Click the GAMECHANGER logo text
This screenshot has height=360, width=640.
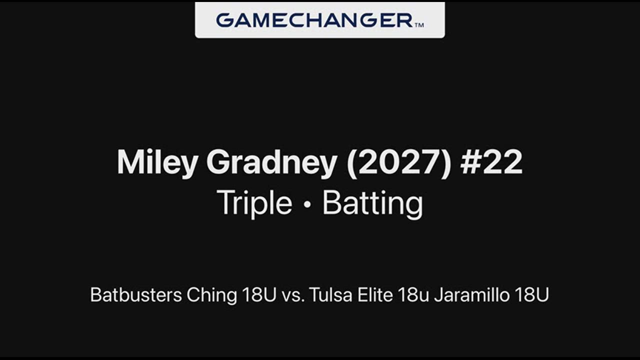[x=314, y=20]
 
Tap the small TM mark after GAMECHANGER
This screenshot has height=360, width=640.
[x=419, y=25]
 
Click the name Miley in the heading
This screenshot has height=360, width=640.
[x=157, y=162]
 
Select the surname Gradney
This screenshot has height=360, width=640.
[x=271, y=162]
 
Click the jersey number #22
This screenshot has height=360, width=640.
[x=491, y=161]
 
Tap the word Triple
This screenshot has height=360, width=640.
[x=254, y=203]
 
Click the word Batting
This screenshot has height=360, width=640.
[x=372, y=203]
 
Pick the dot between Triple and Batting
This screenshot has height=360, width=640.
[x=307, y=204]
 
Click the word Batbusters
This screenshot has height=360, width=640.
[x=136, y=295]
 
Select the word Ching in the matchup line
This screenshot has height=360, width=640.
[x=211, y=295]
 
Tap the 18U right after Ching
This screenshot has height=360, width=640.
[x=259, y=295]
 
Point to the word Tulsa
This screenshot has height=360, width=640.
[x=330, y=295]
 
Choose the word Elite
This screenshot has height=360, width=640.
[x=374, y=295]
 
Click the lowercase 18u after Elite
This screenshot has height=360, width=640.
[x=413, y=295]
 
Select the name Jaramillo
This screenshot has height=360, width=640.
[x=471, y=295]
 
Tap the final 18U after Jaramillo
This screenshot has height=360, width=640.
[x=531, y=295]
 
